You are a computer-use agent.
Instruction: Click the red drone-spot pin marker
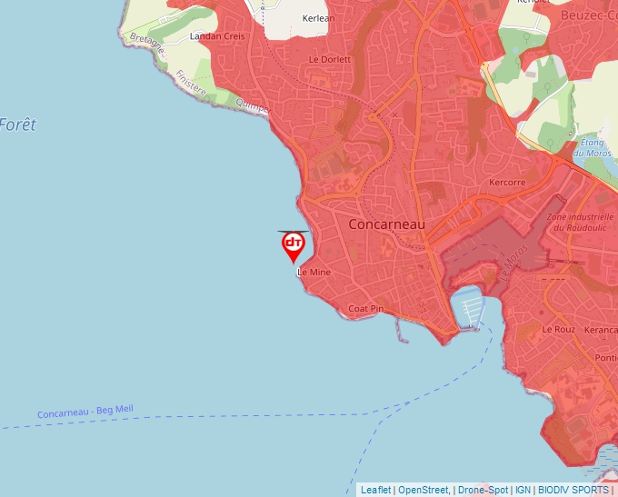click(x=294, y=244)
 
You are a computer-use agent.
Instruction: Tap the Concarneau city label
click(x=386, y=224)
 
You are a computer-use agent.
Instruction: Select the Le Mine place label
click(x=314, y=272)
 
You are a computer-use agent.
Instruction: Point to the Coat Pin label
click(x=366, y=309)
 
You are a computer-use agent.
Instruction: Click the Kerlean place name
click(x=318, y=18)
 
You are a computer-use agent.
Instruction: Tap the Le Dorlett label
click(x=329, y=59)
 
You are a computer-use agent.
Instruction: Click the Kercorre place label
click(x=507, y=182)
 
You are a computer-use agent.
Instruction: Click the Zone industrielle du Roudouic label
click(x=580, y=224)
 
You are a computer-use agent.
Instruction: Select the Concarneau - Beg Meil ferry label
click(x=85, y=412)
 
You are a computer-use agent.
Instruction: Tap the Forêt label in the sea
click(x=18, y=124)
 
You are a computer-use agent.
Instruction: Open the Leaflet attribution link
click(x=375, y=490)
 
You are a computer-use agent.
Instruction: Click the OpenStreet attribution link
click(x=423, y=490)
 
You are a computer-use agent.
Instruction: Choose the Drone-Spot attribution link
click(x=483, y=490)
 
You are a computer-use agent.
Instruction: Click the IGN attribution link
click(x=523, y=490)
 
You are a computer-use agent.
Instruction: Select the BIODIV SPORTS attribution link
click(x=573, y=490)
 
